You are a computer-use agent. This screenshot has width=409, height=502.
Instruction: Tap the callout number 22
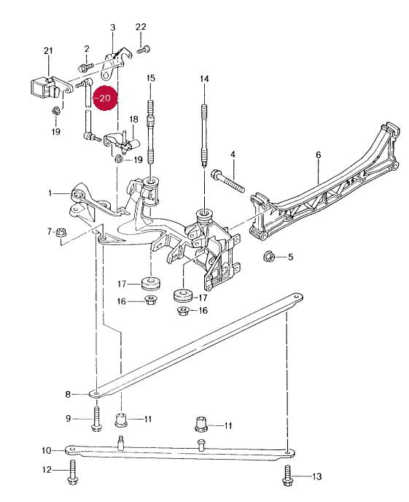[x=141, y=27]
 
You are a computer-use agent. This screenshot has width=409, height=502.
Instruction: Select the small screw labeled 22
[x=144, y=50]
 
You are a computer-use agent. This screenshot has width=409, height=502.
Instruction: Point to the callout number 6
[x=318, y=155]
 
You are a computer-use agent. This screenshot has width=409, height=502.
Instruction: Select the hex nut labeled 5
[x=269, y=256]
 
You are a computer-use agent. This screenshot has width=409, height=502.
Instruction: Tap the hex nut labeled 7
[x=61, y=232]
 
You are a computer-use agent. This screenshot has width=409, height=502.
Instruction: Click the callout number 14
[x=204, y=79]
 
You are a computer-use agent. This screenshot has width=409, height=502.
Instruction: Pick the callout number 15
[x=151, y=78]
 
